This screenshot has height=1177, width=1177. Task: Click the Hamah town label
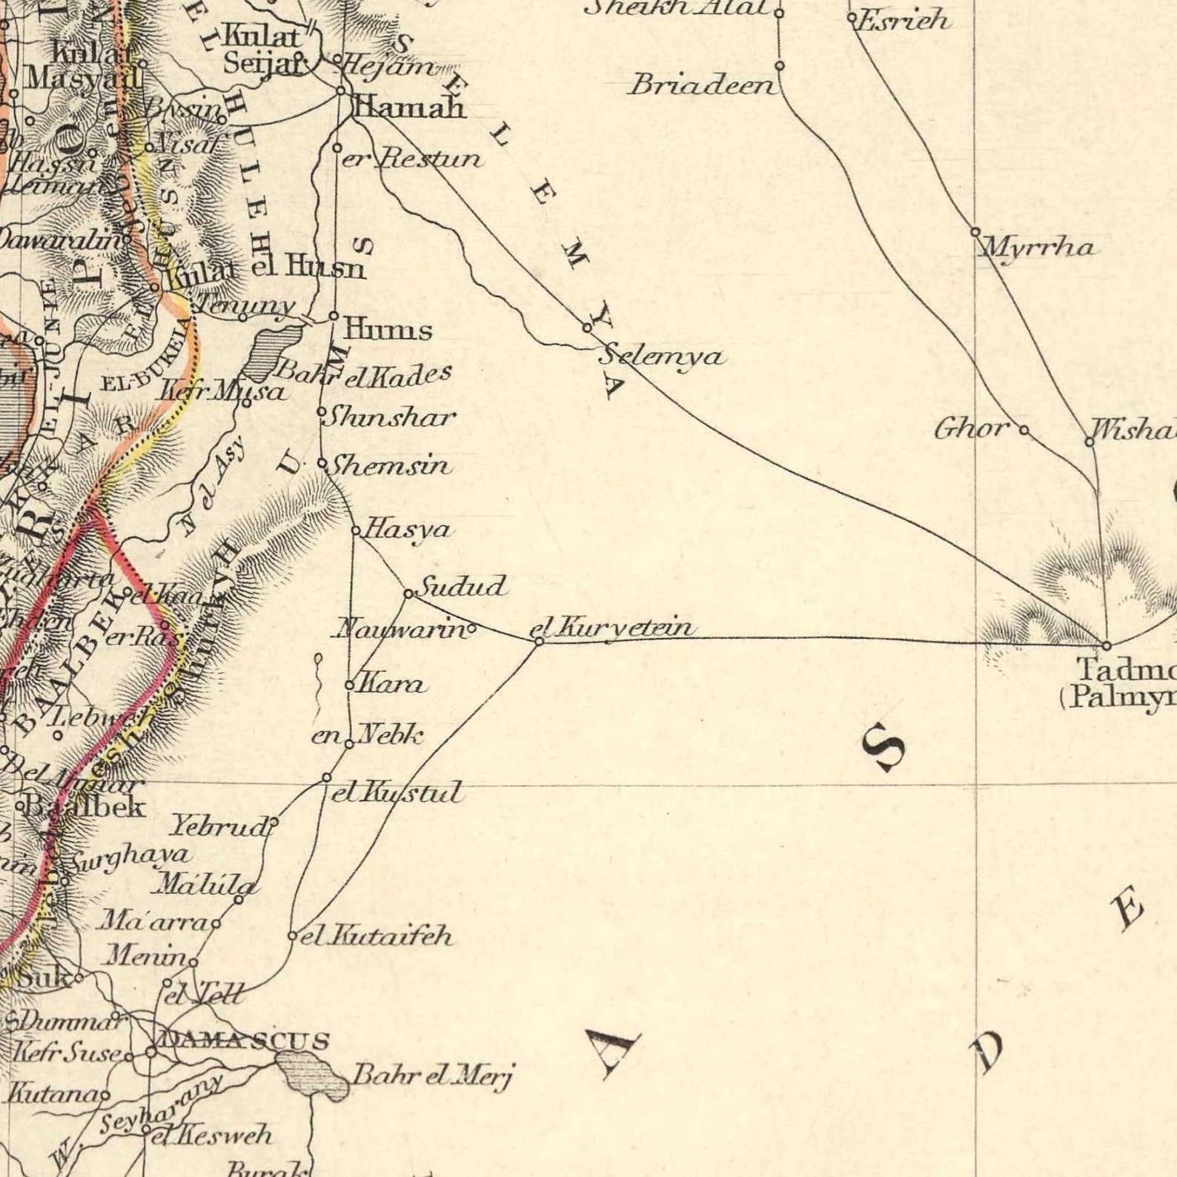tap(410, 108)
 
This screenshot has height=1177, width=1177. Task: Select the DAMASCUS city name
tap(245, 1041)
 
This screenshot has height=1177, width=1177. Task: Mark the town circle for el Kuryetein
tap(540, 640)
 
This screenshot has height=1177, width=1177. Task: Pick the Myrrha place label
tap(1038, 247)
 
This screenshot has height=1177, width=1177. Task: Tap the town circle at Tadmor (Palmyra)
tap(1106, 646)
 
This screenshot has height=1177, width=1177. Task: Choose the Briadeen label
tap(701, 86)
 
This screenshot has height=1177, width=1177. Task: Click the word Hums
tap(388, 328)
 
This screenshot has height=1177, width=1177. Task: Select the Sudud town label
tap(462, 587)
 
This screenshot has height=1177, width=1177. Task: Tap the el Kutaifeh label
tap(377, 936)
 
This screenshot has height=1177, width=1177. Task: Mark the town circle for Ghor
tap(1024, 429)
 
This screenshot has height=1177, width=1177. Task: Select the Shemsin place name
tap(389, 465)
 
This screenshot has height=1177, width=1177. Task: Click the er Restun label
tap(412, 158)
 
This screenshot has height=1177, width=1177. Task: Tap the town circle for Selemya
tap(587, 327)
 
